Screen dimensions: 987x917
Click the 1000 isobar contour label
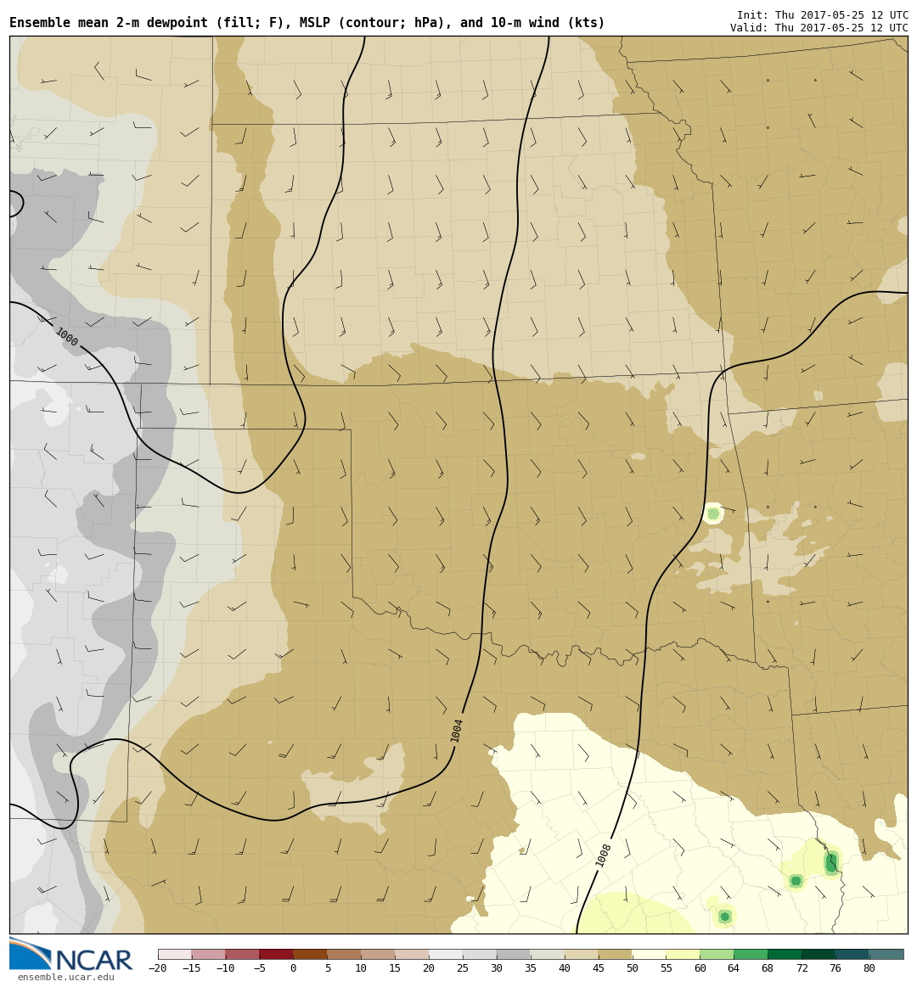[66, 337]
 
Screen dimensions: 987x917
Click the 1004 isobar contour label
[457, 730]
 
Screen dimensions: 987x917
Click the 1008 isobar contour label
[604, 854]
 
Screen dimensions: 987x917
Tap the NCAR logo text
[93, 961]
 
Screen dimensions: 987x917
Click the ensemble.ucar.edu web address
[65, 978]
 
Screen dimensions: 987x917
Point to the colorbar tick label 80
[869, 968]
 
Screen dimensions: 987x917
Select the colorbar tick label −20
[157, 968]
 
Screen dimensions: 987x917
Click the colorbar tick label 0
[293, 968]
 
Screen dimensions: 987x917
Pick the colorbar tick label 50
[632, 968]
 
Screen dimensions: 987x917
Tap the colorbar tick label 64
[733, 968]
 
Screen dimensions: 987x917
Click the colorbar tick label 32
[496, 968]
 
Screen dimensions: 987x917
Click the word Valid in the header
[750, 28]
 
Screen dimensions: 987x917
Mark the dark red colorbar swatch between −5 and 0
[276, 954]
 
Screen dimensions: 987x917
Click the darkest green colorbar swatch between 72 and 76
[818, 954]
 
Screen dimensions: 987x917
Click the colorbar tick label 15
[395, 968]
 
